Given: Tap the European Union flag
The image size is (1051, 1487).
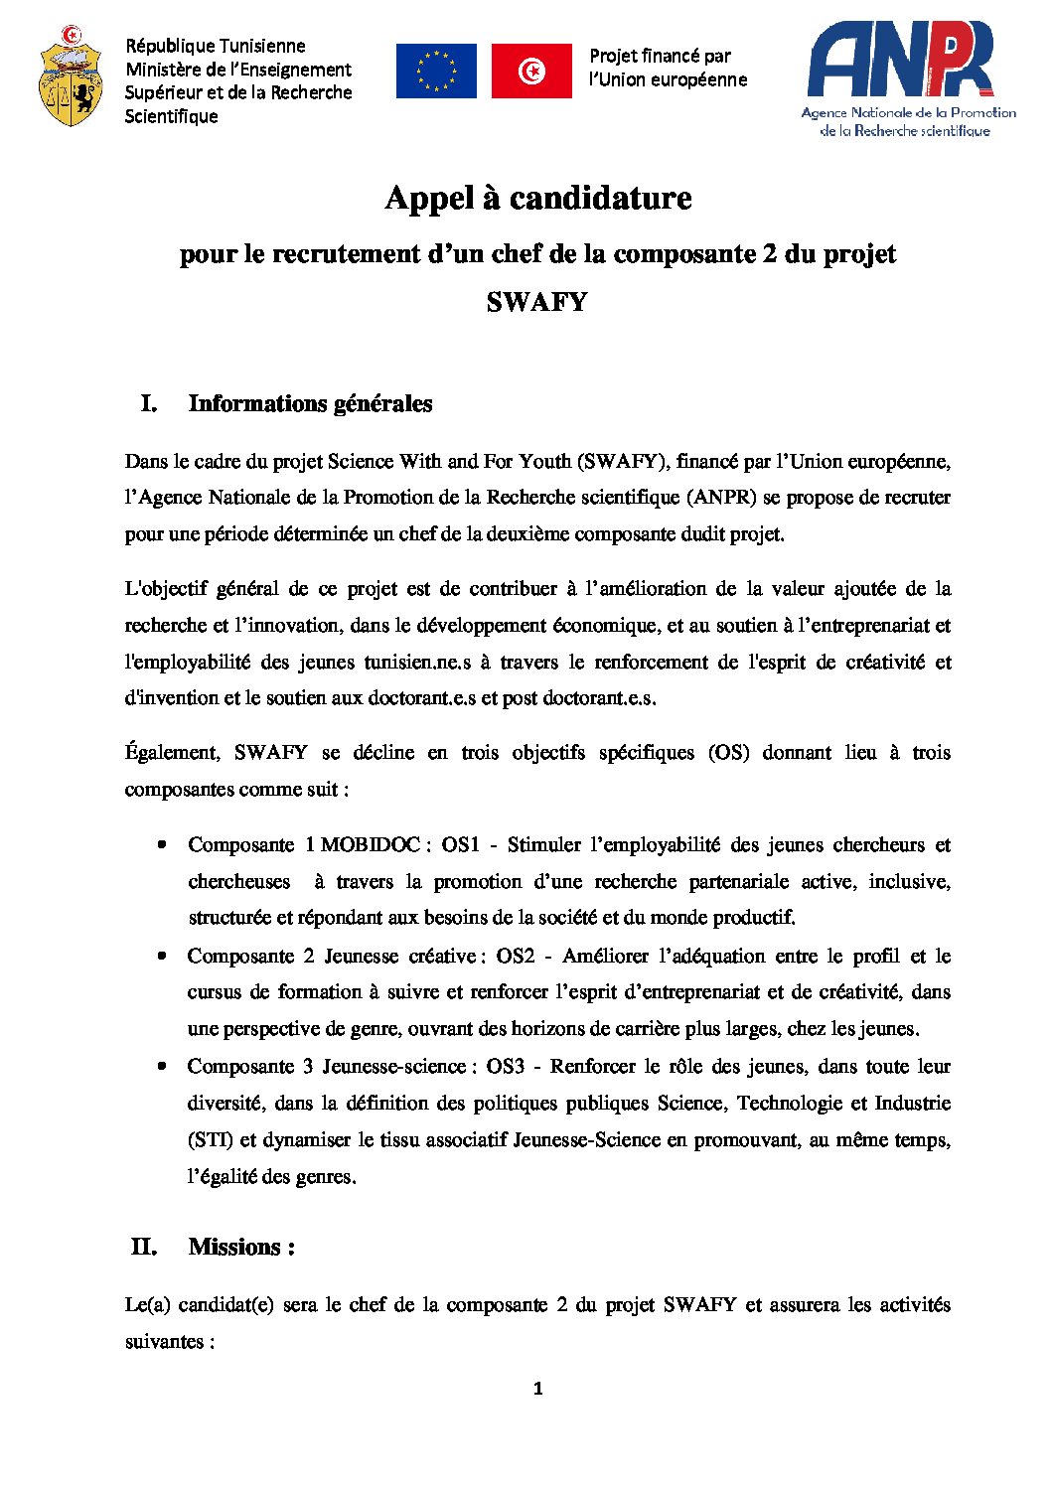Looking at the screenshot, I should [435, 72].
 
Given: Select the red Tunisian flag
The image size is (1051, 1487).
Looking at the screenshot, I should [531, 72].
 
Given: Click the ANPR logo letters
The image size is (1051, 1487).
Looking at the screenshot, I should [900, 61].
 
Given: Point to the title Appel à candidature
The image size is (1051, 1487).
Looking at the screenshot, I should [537, 198].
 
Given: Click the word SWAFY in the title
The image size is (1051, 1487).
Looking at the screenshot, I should [536, 302].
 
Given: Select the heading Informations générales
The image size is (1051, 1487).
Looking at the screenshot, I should [310, 403].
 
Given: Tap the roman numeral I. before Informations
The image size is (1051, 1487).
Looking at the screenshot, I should [149, 403].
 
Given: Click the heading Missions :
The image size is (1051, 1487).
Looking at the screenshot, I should [241, 1247].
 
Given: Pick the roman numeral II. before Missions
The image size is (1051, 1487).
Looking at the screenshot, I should [144, 1247].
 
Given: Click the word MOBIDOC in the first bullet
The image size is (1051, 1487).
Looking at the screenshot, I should [371, 845].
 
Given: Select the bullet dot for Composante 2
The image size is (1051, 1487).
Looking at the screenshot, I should [161, 956].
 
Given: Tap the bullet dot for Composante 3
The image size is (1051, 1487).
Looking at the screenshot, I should [161, 1066].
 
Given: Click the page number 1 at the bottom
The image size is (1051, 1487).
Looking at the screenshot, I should [537, 1389].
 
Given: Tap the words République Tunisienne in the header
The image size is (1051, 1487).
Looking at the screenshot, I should [215, 46].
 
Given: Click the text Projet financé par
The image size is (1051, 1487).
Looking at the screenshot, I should [660, 56].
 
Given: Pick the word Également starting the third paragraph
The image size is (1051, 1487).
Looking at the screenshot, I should [172, 753].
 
